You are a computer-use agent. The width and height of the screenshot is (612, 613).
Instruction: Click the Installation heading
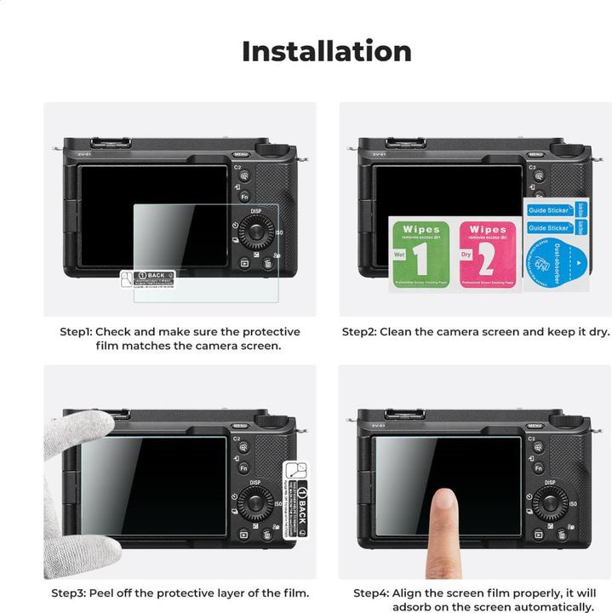326,51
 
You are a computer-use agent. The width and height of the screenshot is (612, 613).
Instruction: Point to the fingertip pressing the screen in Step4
443,501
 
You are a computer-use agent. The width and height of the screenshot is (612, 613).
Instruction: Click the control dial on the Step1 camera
255,232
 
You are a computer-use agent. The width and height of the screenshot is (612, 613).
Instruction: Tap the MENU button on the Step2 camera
535,154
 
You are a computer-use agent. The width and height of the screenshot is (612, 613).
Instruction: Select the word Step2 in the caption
359,332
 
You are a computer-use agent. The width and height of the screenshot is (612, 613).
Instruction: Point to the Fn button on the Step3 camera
243,468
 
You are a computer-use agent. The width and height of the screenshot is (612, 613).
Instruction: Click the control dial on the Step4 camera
552,504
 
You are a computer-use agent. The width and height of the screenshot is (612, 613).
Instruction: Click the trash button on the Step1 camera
268,264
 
